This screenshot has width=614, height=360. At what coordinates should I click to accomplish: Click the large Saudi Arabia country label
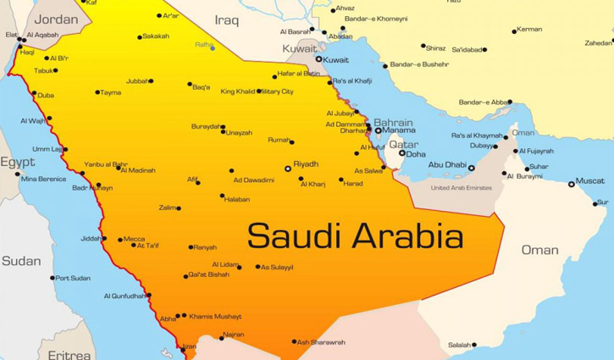tap(355, 235)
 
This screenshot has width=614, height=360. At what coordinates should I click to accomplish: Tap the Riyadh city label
tap(306, 164)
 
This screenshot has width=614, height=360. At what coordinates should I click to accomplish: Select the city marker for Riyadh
tap(288, 169)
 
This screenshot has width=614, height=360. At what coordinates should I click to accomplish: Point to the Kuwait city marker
tap(319, 59)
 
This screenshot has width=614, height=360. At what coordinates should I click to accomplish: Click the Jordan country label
tap(57, 19)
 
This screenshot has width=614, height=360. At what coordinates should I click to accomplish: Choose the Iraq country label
tap(227, 19)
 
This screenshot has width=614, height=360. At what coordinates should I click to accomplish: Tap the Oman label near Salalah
tap(539, 250)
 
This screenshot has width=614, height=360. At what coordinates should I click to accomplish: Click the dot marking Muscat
tap(572, 184)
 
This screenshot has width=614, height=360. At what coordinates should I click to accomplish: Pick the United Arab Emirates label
tap(462, 188)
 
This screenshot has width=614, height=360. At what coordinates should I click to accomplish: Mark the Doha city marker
tap(402, 153)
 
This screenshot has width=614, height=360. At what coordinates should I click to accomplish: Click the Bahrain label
tap(393, 122)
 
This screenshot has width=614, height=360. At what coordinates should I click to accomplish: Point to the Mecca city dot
tap(120, 240)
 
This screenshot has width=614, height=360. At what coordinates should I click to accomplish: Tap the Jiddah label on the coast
tap(91, 238)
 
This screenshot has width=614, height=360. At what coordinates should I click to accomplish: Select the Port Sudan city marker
tap(53, 278)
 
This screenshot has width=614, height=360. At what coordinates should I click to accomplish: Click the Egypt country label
tap(17, 162)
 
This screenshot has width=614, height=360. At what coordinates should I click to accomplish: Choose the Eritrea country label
tap(69, 355)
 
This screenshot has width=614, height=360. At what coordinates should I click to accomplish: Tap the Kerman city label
tap(529, 30)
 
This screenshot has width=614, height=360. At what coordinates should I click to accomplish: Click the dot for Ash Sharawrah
tap(294, 342)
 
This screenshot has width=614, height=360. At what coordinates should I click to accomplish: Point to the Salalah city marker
tap(474, 345)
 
